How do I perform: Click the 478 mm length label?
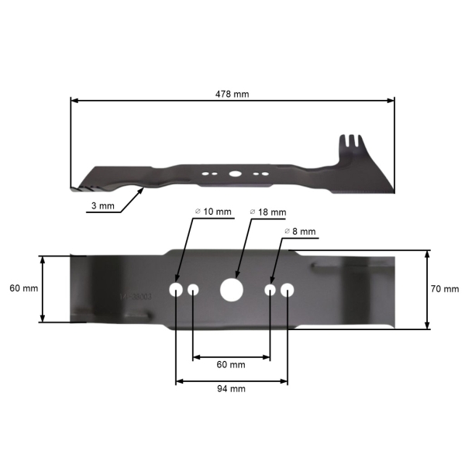232,95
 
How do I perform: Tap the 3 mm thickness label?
102,205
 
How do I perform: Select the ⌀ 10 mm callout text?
213,212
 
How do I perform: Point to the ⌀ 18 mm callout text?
268,212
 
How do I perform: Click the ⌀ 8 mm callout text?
300,231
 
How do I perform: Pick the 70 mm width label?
445,289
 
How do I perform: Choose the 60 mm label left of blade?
24,288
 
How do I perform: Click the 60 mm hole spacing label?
231,364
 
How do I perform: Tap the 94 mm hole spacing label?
231,389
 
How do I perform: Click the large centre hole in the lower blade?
232,290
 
